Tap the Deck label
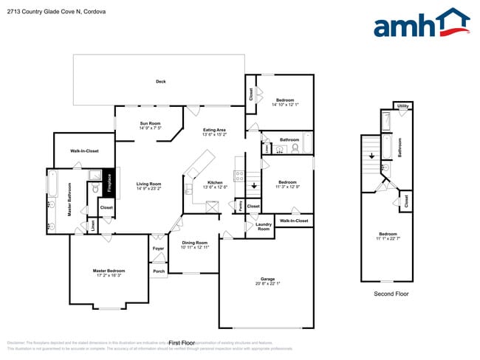[x=160, y=81]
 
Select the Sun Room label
[x=150, y=125]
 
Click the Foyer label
[x=158, y=249]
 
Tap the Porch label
[x=158, y=271]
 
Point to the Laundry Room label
[x=263, y=226]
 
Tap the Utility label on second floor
[x=402, y=106]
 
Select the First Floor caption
[x=181, y=343]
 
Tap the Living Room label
[x=148, y=186]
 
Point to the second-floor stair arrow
[x=371, y=156]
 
